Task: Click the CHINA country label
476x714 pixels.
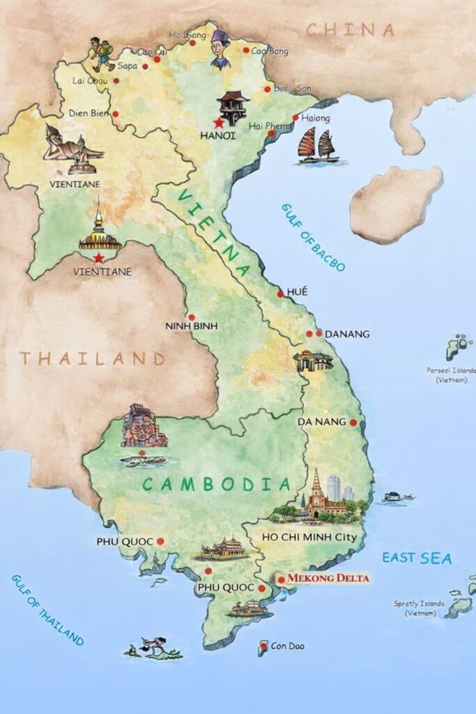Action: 351,30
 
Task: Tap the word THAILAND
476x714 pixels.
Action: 91,359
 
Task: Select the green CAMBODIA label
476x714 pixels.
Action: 216,484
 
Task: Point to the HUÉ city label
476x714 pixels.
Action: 296,291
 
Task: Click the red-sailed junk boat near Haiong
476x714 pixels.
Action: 318,146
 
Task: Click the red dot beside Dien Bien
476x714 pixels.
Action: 116,113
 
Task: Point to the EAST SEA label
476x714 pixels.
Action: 417,558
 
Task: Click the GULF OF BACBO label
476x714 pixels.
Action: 313,237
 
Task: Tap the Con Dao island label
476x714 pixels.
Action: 286,646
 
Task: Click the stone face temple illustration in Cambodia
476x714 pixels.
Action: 143,426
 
